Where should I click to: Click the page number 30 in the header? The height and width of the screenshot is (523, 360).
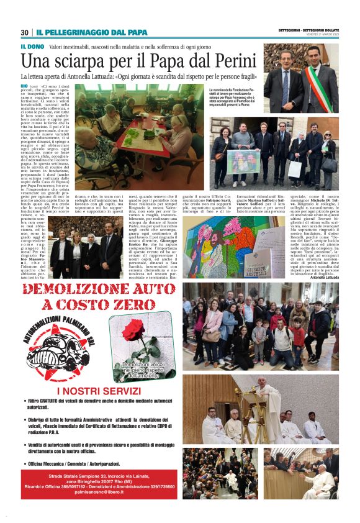25,32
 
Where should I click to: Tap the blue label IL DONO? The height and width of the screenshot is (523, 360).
32,46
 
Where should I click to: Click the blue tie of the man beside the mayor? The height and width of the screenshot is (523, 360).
286,78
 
